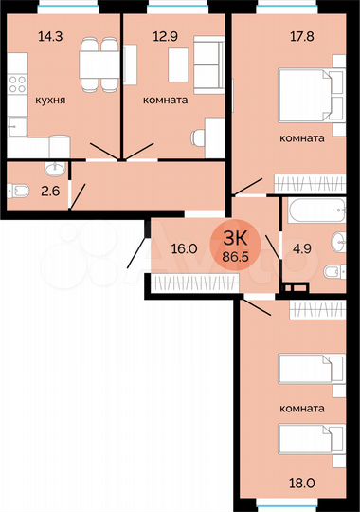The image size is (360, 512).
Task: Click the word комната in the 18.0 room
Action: pos(302,409)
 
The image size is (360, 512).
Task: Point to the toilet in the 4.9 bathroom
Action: pos(331,273)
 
